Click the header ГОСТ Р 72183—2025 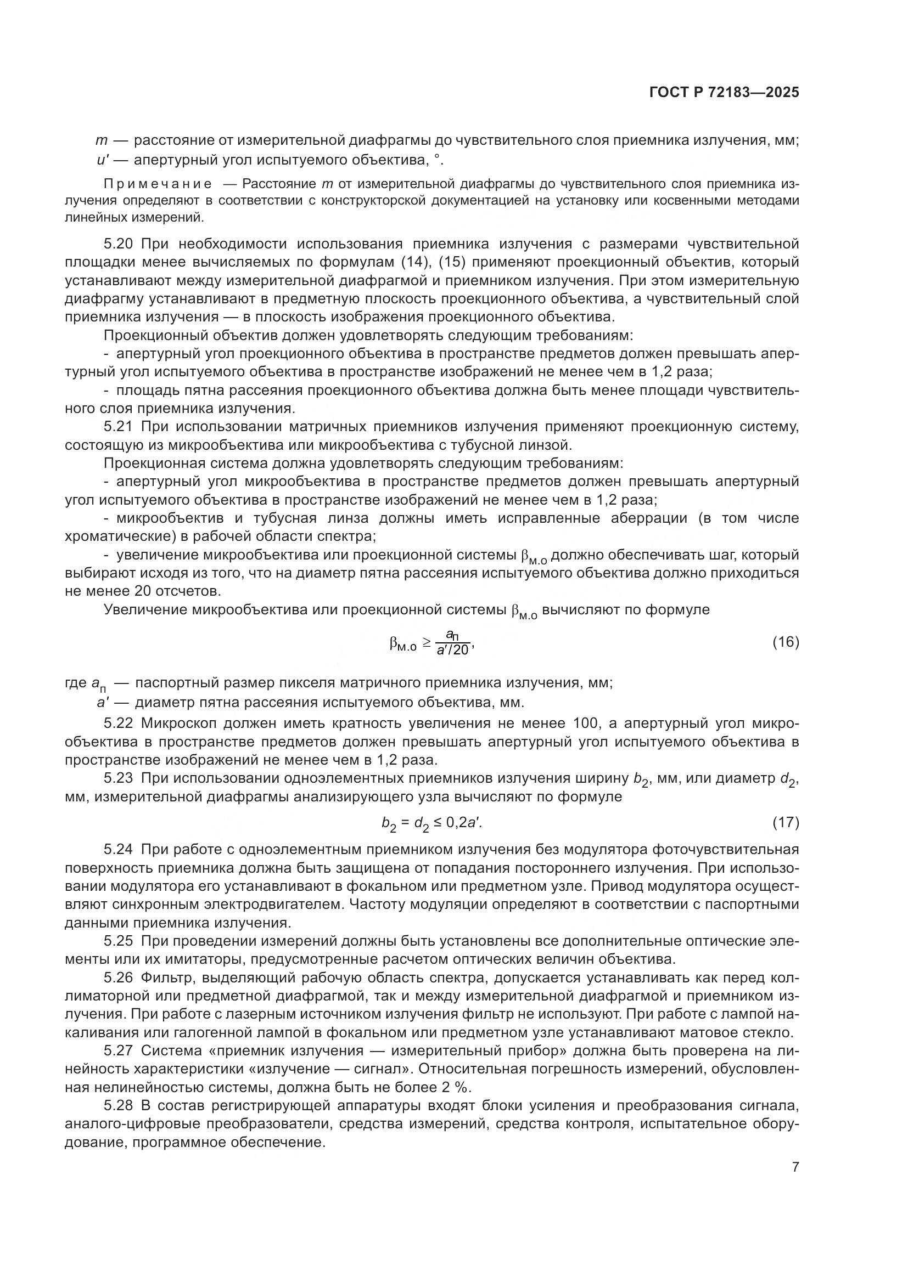(724, 93)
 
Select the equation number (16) (786, 642)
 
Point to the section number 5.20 (119, 244)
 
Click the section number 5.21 (119, 427)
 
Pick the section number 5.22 (119, 723)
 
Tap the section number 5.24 (119, 849)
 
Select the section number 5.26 (119, 977)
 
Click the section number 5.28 (119, 1105)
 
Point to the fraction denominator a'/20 (452, 650)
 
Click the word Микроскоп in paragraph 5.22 (177, 723)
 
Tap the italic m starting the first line (101, 142)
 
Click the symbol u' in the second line (102, 160)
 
